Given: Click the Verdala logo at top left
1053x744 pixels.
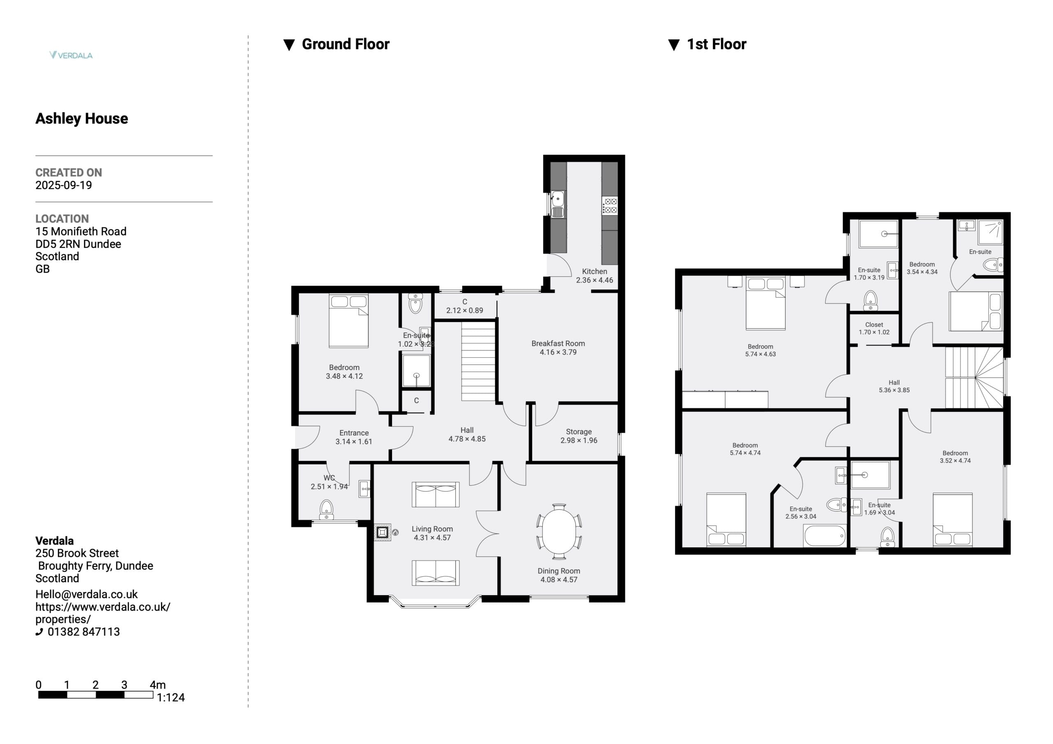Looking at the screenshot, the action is (71, 55).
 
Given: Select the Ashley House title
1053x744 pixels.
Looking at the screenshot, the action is (81, 118).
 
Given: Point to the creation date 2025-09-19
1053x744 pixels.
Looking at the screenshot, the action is (64, 185).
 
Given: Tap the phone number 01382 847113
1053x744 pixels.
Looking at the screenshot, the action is (83, 632).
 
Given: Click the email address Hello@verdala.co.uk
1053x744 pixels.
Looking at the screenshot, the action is (87, 594).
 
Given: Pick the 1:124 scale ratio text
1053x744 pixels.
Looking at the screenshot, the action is (171, 698).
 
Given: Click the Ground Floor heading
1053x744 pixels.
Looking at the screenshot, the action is (346, 44).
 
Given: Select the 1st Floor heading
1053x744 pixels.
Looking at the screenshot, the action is (717, 44).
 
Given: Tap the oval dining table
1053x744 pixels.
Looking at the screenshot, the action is (559, 532).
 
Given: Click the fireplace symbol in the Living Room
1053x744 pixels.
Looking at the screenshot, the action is (383, 532).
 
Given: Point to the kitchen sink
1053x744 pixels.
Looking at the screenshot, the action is (558, 204).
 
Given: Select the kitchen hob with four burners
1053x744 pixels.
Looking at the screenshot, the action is (610, 206).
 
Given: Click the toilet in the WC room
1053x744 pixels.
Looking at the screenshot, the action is (326, 510).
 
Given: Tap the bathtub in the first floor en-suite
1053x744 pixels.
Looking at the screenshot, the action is (824, 536).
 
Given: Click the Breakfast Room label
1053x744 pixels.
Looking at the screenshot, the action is (558, 343).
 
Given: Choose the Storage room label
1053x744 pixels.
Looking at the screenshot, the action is (579, 431).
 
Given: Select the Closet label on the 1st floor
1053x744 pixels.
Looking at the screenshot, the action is (874, 325).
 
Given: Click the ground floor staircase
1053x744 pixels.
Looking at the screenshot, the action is (478, 362).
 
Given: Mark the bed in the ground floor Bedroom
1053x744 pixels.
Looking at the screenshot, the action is (348, 321).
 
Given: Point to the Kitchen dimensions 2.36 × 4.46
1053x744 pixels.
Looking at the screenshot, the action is (594, 280).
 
